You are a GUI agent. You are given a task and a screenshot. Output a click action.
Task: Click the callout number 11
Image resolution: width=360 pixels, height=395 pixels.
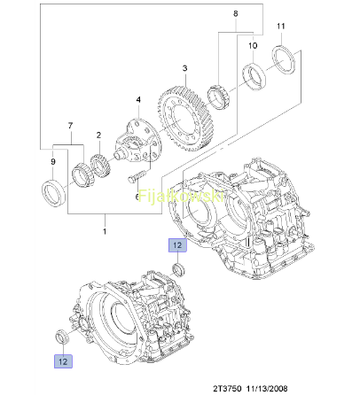click(x=280, y=27)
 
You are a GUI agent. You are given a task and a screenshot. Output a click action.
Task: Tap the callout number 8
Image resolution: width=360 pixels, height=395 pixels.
click(x=236, y=13)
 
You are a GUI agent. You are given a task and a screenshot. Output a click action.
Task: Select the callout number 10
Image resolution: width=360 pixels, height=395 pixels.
click(x=253, y=45)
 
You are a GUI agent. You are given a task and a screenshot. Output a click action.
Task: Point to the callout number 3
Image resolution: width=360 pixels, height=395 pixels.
click(x=184, y=68)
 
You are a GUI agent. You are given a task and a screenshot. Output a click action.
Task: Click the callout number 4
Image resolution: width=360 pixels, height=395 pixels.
click(x=138, y=99)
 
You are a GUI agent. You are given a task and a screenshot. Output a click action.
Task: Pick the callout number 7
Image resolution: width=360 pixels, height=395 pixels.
click(x=70, y=126)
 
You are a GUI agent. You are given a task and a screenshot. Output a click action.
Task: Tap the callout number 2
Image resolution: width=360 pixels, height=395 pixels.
click(x=98, y=136)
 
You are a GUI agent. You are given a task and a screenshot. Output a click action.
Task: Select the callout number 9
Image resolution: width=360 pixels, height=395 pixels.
click(x=53, y=162)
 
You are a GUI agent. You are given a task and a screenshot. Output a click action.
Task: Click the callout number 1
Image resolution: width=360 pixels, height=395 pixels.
click(x=105, y=231)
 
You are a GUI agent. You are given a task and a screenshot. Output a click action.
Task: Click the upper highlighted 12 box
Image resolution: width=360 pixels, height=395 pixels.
click(x=177, y=245)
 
